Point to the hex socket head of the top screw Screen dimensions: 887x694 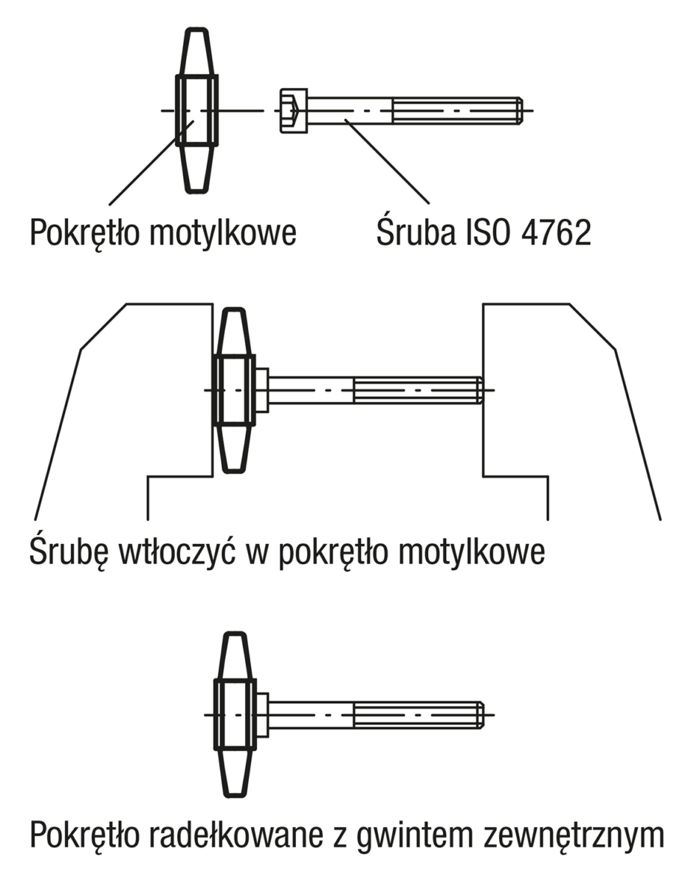[x=293, y=111]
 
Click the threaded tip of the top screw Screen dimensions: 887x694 [x=517, y=111]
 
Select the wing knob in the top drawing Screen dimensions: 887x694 [x=196, y=111]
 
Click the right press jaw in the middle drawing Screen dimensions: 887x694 [x=561, y=399]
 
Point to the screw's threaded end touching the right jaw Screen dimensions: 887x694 [x=476, y=390]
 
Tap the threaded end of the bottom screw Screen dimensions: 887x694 [x=476, y=715]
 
